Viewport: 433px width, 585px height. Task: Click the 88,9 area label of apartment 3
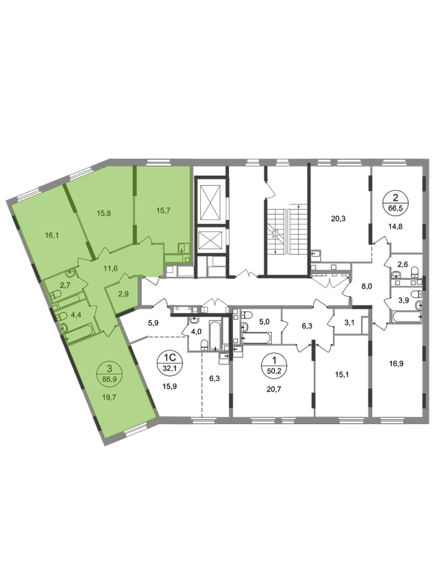[x=109, y=378]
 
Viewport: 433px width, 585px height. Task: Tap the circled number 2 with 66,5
[x=396, y=202]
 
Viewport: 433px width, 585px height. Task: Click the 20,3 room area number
[x=339, y=219]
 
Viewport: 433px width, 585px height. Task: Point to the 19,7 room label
[x=109, y=397]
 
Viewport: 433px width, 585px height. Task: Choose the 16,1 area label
[x=52, y=235]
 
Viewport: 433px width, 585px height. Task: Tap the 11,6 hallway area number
[x=111, y=267]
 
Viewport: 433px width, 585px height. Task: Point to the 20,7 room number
[x=274, y=389]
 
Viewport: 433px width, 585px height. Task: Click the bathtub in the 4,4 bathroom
[x=79, y=333]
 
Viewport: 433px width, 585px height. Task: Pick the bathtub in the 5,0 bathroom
[x=256, y=338]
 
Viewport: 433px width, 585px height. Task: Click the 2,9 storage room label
[x=123, y=294]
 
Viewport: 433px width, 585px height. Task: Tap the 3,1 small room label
[x=349, y=323]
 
